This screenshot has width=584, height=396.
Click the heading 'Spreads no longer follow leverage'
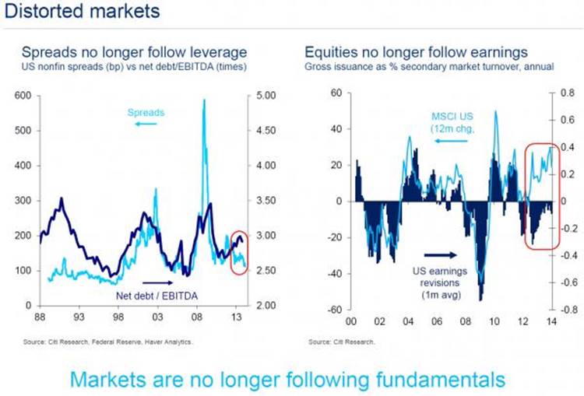(x=134, y=52)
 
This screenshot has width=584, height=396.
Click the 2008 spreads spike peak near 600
(x=204, y=100)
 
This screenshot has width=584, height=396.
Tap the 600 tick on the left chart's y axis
(x=23, y=95)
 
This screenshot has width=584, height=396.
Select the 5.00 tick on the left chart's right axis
(x=266, y=95)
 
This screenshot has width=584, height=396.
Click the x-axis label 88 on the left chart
(x=39, y=317)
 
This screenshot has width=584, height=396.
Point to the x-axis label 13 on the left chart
(x=237, y=317)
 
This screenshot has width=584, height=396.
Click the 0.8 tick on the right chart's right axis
(x=566, y=93)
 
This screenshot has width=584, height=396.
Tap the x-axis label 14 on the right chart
(x=552, y=321)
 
